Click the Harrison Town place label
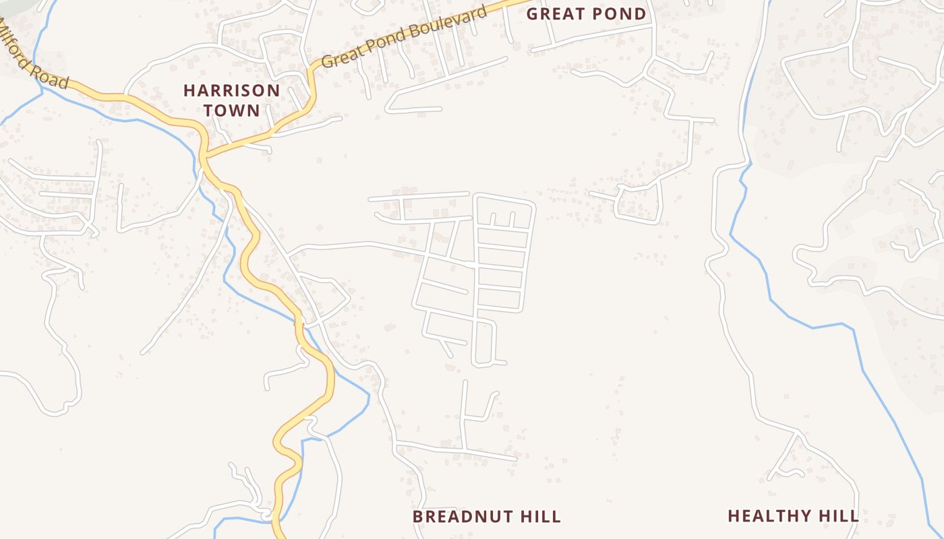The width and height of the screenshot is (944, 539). point(232,100)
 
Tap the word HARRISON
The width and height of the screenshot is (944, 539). point(232,90)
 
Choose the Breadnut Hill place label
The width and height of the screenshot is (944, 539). point(486,517)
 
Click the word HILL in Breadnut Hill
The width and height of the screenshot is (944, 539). point(541,517)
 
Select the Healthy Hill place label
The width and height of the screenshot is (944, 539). point(793,516)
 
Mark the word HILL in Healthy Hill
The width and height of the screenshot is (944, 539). point(839,516)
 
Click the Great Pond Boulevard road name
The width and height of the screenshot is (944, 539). point(403,38)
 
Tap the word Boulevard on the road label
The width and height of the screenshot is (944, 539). point(448,22)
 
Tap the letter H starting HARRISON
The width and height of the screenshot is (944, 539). point(189,90)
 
